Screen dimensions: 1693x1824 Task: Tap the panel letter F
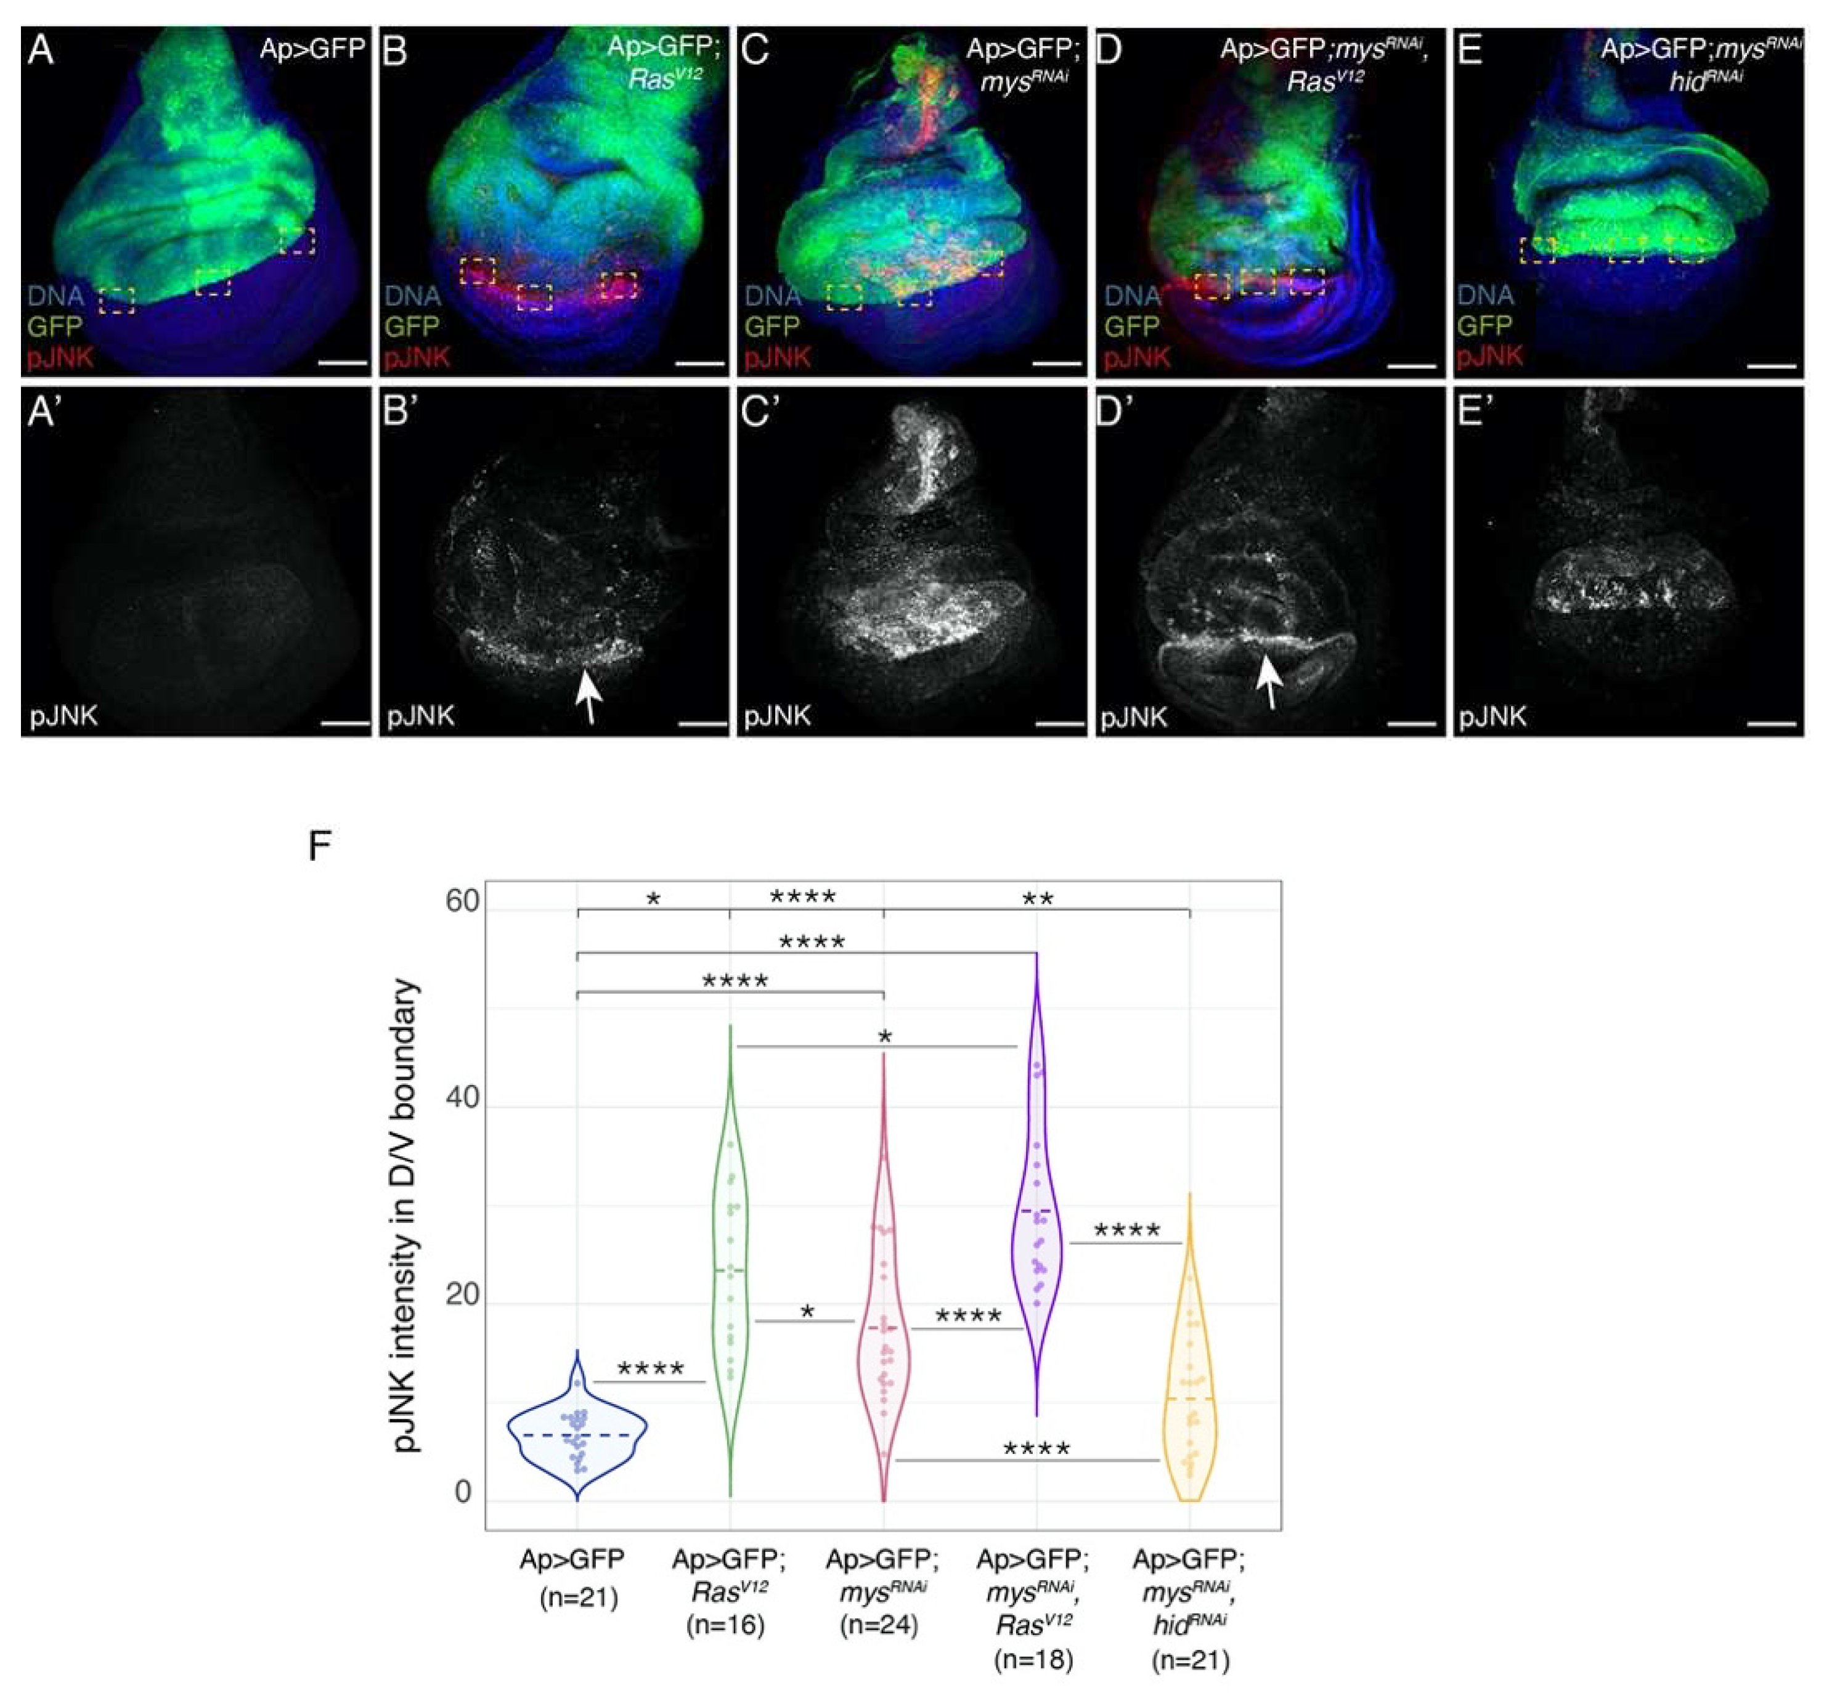[319, 845]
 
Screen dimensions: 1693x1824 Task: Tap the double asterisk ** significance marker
[1038, 899]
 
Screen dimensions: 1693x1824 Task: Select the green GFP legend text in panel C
[772, 326]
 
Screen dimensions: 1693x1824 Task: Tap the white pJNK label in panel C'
[778, 715]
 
